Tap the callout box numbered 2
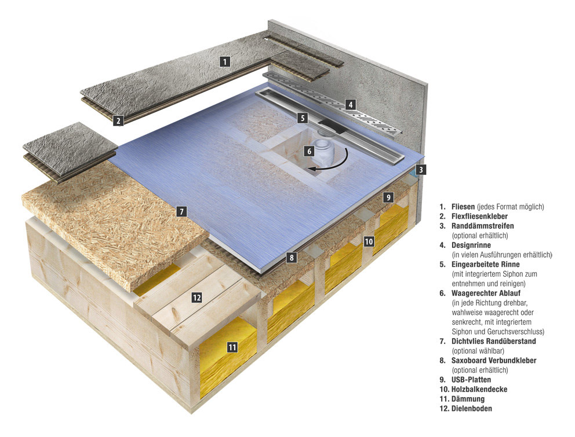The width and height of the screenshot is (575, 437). pyautogui.click(x=118, y=120)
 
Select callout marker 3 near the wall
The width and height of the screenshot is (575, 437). pyautogui.click(x=421, y=170)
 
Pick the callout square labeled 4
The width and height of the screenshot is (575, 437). pyautogui.click(x=350, y=105)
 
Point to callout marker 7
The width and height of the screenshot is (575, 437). pyautogui.click(x=181, y=211)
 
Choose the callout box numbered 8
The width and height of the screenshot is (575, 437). pyautogui.click(x=292, y=257)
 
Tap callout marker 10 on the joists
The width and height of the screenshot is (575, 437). pyautogui.click(x=369, y=241)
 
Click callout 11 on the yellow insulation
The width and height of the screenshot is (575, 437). pyautogui.click(x=232, y=347)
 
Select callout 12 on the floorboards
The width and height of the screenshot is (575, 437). pyautogui.click(x=196, y=298)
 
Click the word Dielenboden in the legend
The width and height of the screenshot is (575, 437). pyautogui.click(x=472, y=409)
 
